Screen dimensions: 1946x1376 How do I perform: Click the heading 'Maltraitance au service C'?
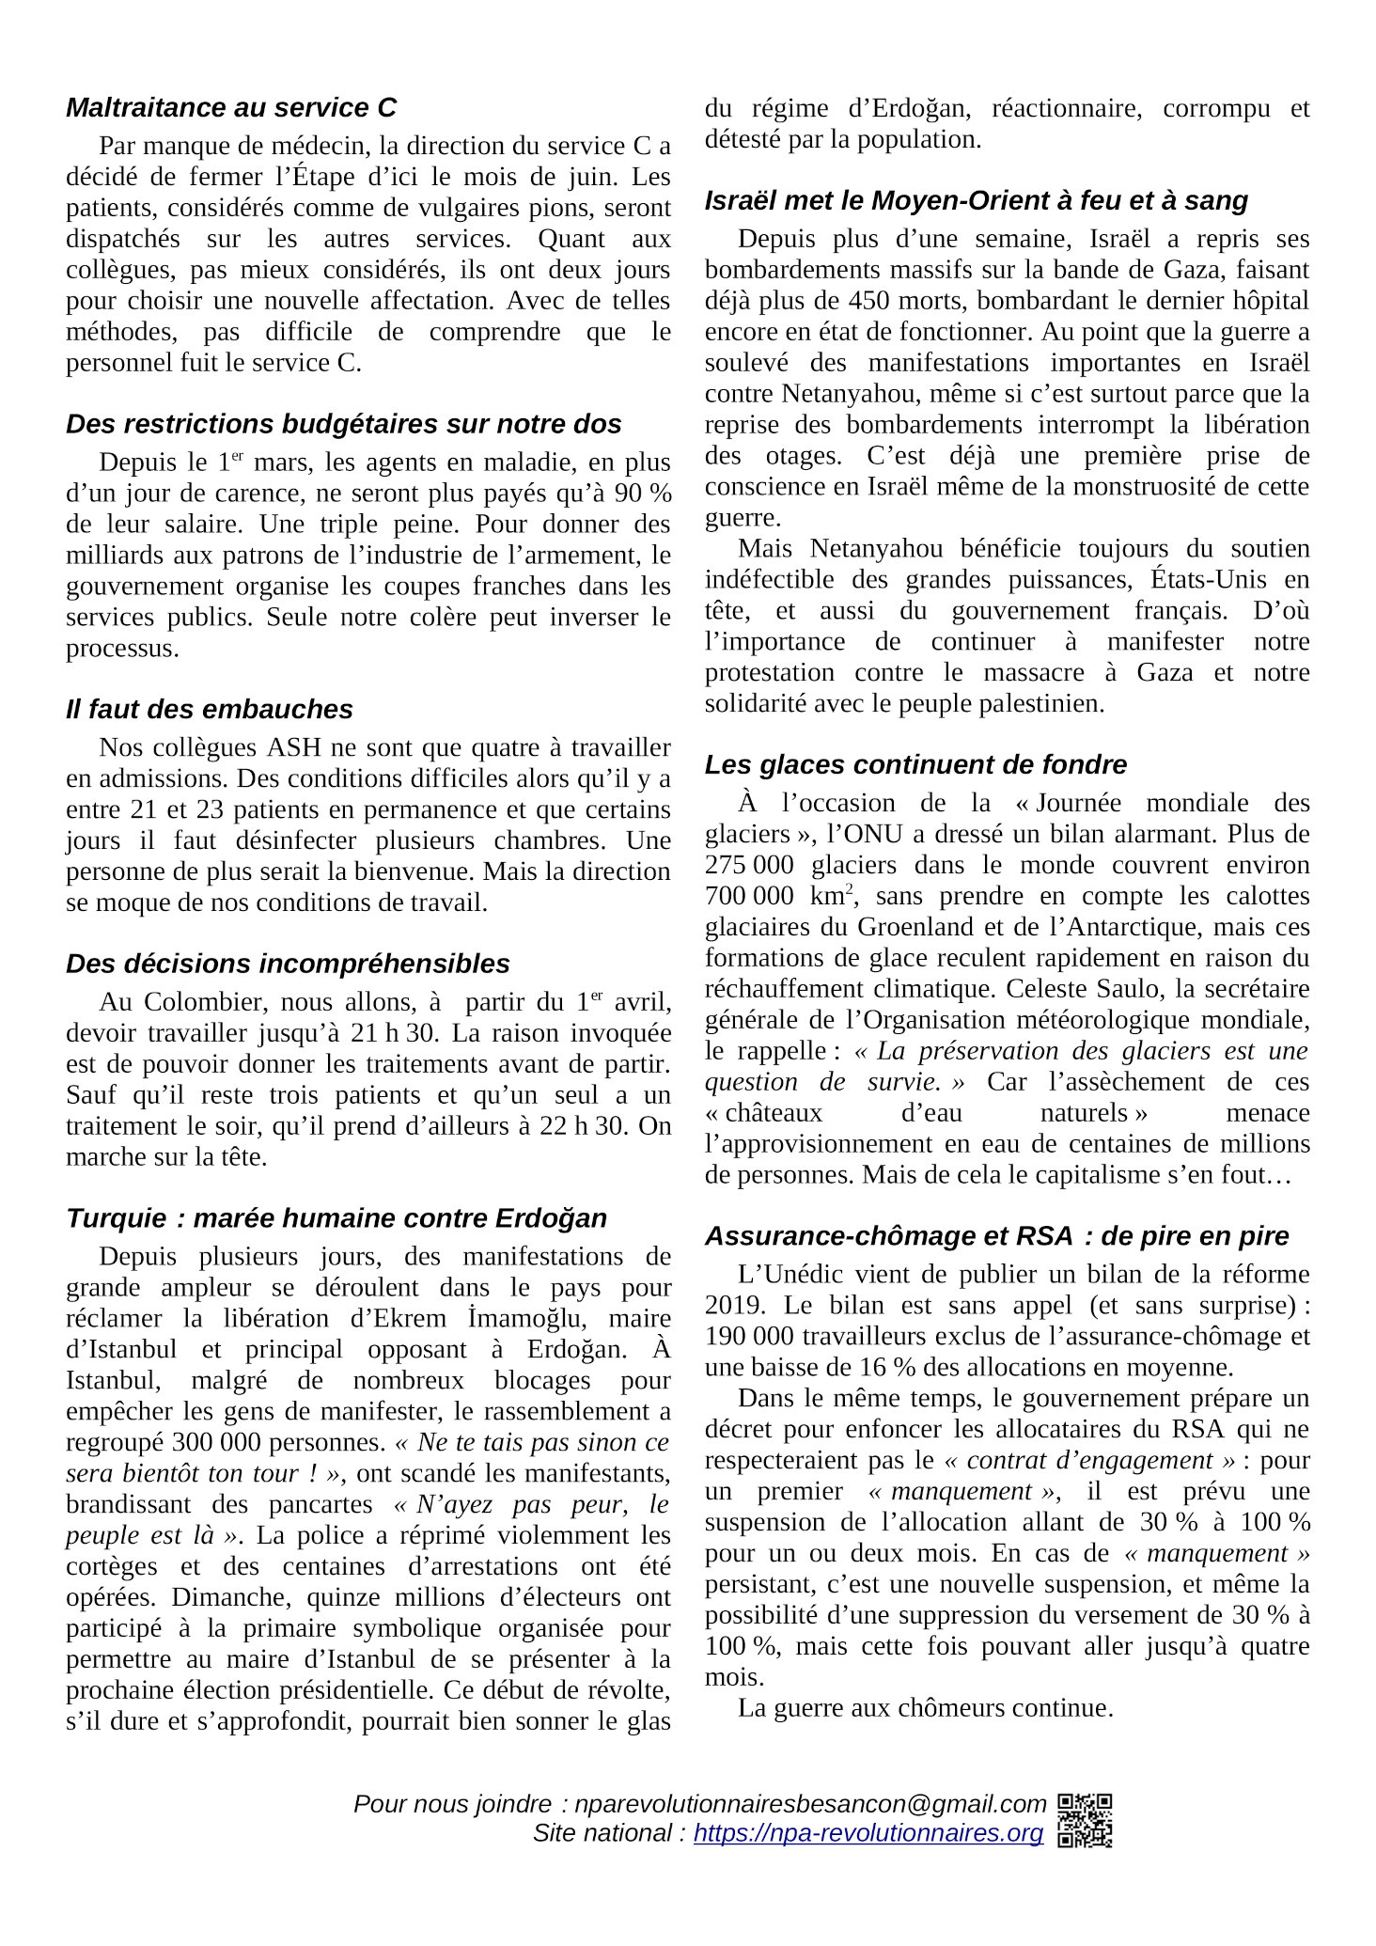231,108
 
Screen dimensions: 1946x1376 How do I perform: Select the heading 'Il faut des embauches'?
210,709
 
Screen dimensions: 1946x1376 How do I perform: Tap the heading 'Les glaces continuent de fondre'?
915,764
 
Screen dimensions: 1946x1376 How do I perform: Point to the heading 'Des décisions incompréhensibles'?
288,964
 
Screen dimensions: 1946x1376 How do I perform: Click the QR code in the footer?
1085,1820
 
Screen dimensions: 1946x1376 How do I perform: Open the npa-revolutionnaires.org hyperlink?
868,1833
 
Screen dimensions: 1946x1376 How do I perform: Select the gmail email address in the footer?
810,1804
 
